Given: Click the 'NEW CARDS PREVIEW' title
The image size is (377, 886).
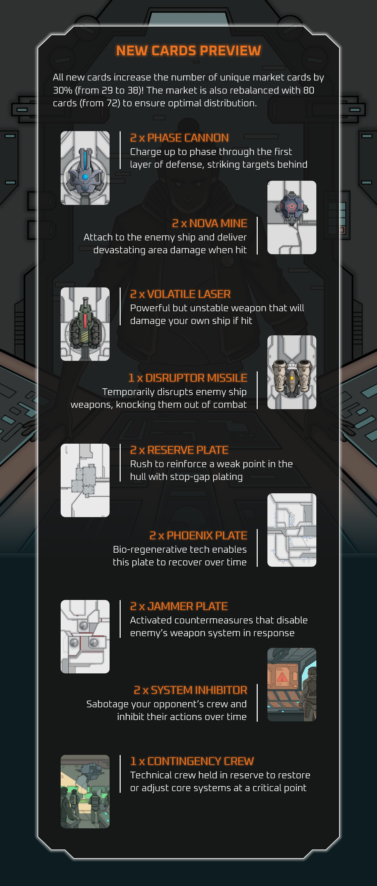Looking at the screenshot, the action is (x=188, y=51).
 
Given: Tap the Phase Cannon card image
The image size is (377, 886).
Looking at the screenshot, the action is (x=85, y=168).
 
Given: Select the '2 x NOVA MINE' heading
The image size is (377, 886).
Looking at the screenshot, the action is (x=209, y=223).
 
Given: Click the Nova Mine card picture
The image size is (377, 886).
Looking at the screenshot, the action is (x=292, y=217).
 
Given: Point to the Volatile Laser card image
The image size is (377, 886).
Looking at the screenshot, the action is (x=85, y=324).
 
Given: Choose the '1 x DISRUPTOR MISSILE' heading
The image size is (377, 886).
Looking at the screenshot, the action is (x=188, y=378).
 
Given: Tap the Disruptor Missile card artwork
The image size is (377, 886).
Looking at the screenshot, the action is (x=292, y=372).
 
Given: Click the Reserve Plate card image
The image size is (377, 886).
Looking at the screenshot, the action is (x=85, y=480).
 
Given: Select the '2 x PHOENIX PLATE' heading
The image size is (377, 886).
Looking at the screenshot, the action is (x=198, y=536).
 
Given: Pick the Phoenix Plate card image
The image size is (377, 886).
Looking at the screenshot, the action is (x=292, y=530).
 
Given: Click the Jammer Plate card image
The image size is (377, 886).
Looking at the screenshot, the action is (x=85, y=636).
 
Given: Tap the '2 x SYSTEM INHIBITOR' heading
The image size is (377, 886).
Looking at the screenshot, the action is (x=190, y=690).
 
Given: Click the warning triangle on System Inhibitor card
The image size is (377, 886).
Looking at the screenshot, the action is (x=282, y=677).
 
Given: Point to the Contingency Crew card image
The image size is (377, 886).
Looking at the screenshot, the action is (x=85, y=791).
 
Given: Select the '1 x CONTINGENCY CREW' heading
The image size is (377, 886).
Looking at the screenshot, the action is (x=192, y=761).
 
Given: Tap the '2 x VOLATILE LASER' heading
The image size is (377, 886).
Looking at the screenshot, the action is (x=180, y=294).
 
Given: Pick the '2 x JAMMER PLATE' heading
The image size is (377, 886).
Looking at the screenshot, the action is (x=179, y=606).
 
